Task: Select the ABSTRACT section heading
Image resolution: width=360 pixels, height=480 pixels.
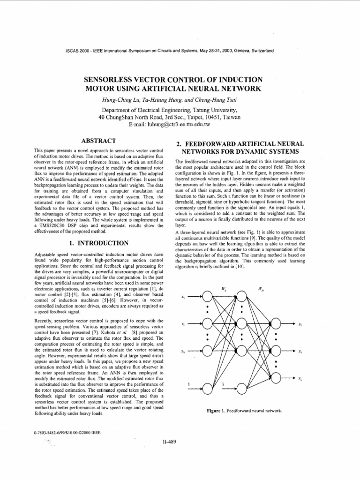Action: (x=98, y=140)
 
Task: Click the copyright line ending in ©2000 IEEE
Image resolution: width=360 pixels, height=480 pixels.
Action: (x=67, y=432)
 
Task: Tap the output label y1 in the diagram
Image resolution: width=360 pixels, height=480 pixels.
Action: (x=300, y=323)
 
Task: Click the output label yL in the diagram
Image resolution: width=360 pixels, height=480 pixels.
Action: (x=300, y=377)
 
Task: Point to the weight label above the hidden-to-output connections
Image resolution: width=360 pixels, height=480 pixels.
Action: (x=261, y=289)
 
